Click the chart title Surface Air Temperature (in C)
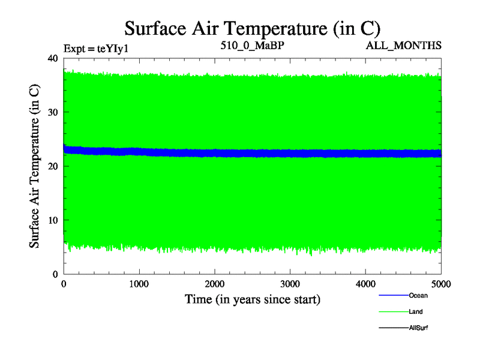click(253, 28)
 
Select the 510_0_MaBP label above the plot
click(252, 46)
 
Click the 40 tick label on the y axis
click(52, 58)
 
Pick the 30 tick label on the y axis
click(52, 112)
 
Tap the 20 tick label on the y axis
click(52, 166)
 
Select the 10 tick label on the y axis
click(52, 220)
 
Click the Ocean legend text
click(418, 295)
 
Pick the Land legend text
click(416, 311)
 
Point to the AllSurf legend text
click(418, 328)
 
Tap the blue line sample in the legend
click(393, 295)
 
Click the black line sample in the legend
click(393, 328)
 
